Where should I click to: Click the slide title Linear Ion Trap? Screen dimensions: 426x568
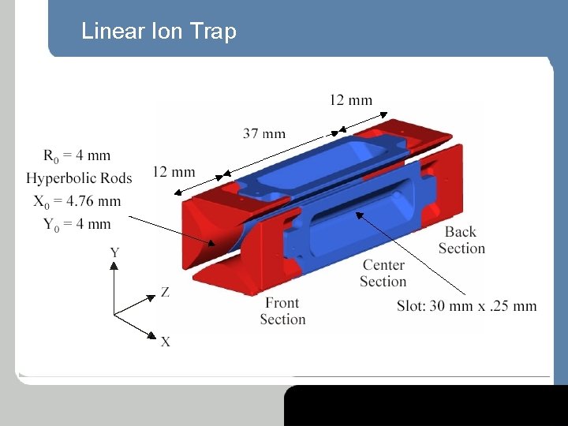click(x=159, y=32)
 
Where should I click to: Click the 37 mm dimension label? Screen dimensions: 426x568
click(x=264, y=133)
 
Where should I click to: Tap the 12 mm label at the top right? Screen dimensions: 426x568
click(x=350, y=99)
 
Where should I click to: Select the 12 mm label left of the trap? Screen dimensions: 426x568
click(x=174, y=171)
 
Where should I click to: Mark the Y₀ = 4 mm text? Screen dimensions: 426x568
click(x=77, y=223)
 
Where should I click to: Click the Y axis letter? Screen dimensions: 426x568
click(x=114, y=252)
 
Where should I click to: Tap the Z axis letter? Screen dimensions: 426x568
click(x=165, y=292)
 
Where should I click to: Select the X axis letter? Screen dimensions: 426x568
click(x=166, y=342)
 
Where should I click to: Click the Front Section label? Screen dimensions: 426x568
click(x=282, y=311)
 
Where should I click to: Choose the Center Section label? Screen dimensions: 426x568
click(x=383, y=273)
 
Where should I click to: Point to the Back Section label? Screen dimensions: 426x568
click(x=461, y=240)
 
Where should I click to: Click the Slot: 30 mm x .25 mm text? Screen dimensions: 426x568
click(x=466, y=306)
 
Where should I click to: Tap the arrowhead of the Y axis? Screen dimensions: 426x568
click(x=114, y=266)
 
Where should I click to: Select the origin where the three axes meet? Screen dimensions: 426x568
click(x=114, y=315)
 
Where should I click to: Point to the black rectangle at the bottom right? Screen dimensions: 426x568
click(x=426, y=405)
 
